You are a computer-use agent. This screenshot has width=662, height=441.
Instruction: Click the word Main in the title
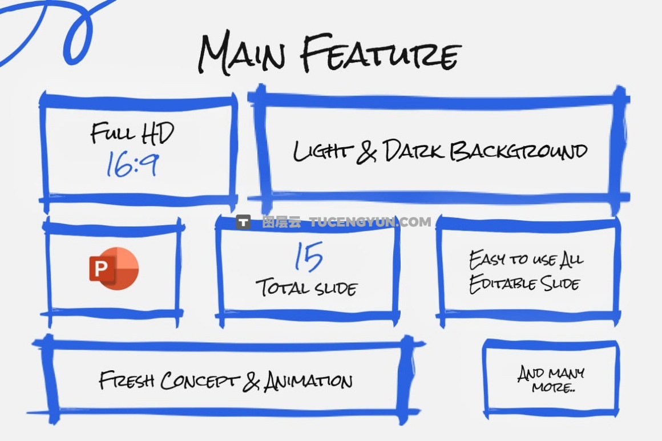pyautogui.click(x=242, y=52)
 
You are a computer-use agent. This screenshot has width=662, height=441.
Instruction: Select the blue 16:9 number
pyautogui.click(x=132, y=164)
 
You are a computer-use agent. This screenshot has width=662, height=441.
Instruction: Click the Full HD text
pyautogui.click(x=132, y=133)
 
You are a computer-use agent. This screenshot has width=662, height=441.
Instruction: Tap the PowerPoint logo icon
pyautogui.click(x=114, y=268)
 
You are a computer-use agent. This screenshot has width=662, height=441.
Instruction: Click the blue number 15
pyautogui.click(x=309, y=257)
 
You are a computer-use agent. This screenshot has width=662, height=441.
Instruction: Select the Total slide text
pyautogui.click(x=306, y=286)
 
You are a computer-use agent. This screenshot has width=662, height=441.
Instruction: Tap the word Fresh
pyautogui.click(x=126, y=380)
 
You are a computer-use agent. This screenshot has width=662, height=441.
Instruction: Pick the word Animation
pyautogui.click(x=308, y=381)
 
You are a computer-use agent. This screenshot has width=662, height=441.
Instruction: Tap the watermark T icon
pyautogui.click(x=244, y=222)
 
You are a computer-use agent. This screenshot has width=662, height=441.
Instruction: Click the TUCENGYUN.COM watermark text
pyautogui.click(x=370, y=222)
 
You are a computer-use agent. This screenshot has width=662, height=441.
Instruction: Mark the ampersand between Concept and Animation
pyautogui.click(x=251, y=382)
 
